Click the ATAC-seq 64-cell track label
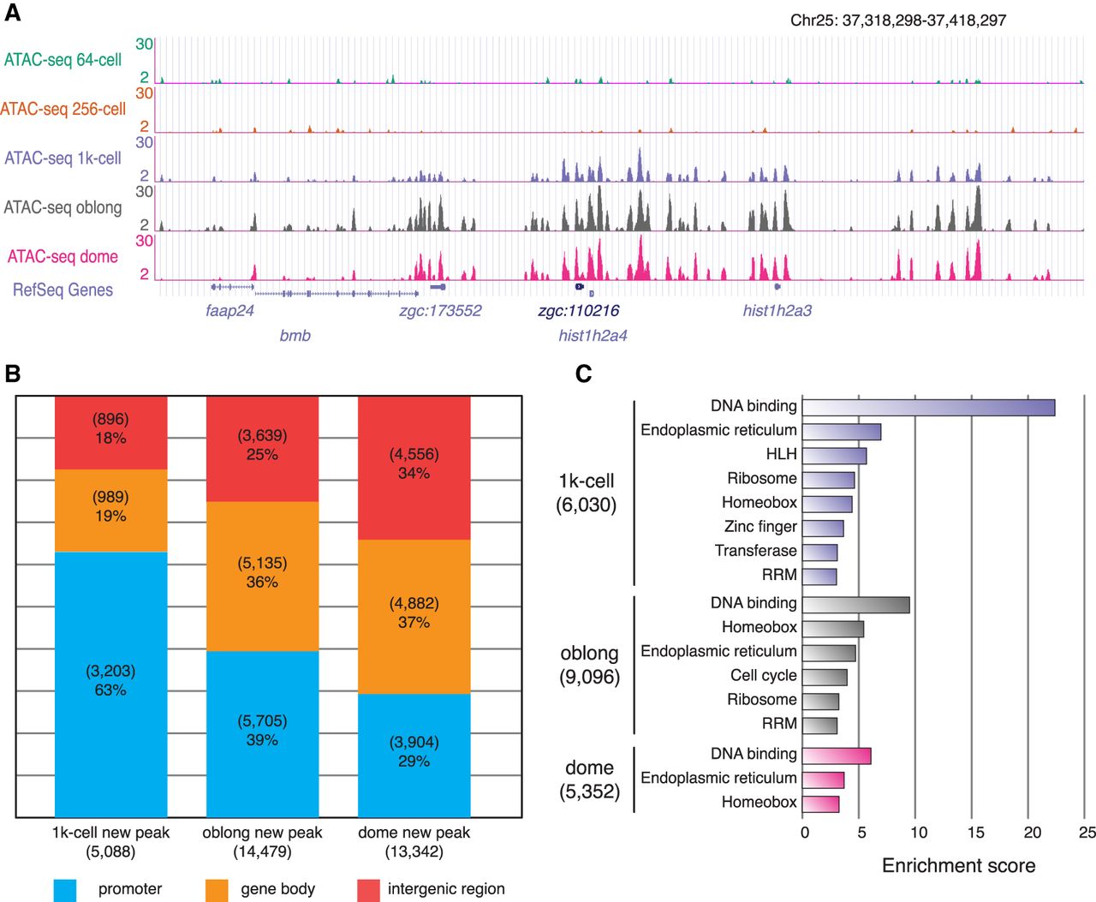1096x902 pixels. (x=63, y=60)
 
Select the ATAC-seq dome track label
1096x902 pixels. (x=63, y=256)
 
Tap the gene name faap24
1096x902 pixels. (x=229, y=310)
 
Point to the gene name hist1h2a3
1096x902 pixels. (x=777, y=310)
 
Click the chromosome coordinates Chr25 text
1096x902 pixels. (x=897, y=20)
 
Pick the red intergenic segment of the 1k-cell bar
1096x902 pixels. (x=110, y=433)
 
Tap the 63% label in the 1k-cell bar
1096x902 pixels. (x=110, y=690)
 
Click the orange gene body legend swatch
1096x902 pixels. (x=217, y=890)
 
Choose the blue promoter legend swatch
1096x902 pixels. (x=65, y=890)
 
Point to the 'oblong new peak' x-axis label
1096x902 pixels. (x=262, y=833)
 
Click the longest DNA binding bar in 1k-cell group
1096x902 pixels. (x=928, y=407)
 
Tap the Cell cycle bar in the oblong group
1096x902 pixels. (x=825, y=677)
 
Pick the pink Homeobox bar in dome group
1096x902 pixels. (x=820, y=803)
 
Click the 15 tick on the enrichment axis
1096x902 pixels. (x=975, y=833)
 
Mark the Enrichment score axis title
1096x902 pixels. (x=958, y=865)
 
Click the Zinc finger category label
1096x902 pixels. (x=760, y=527)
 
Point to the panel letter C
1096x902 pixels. (x=583, y=374)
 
